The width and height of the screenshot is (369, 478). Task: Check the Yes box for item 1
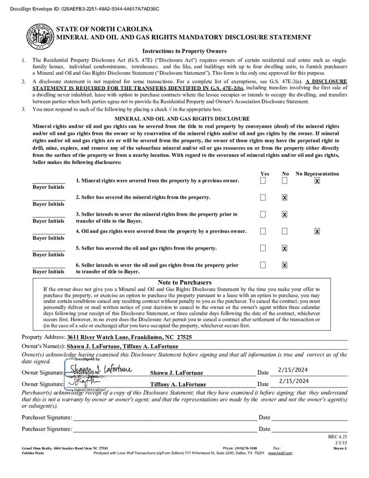(263, 181)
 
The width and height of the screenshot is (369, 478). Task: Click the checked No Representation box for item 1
(317, 181)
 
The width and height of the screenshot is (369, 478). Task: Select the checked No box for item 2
(285, 197)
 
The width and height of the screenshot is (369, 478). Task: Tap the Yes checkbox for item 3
(263, 214)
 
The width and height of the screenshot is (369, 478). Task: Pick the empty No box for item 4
(285, 231)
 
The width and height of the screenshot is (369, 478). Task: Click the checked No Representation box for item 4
(317, 231)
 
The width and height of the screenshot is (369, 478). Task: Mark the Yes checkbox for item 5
(263, 248)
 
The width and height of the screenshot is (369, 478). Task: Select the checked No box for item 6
(285, 265)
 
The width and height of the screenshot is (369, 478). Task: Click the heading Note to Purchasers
(184, 282)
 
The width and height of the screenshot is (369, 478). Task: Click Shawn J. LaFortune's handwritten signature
(100, 370)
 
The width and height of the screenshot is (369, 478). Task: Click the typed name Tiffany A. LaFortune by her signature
(178, 385)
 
